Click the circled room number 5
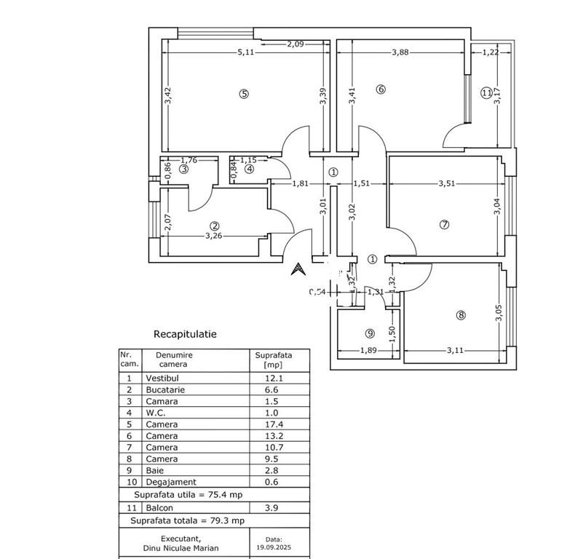pyautogui.click(x=244, y=93)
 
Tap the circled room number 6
pyautogui.click(x=380, y=90)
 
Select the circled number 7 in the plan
pyautogui.click(x=445, y=224)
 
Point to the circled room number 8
pyautogui.click(x=460, y=315)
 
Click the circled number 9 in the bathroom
pyautogui.click(x=370, y=333)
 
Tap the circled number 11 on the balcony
pyautogui.click(x=486, y=92)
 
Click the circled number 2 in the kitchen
pyautogui.click(x=215, y=226)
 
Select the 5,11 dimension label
pyautogui.click(x=247, y=52)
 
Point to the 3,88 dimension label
pyautogui.click(x=401, y=52)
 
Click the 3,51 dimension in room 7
pyautogui.click(x=446, y=183)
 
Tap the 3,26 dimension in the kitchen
pyautogui.click(x=213, y=236)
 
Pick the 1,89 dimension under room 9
pyautogui.click(x=369, y=351)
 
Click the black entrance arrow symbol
pyautogui.click(x=297, y=269)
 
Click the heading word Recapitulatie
pyautogui.click(x=185, y=334)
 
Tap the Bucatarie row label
pyautogui.click(x=165, y=390)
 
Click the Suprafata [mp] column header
pyautogui.click(x=274, y=360)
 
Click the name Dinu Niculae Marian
pyautogui.click(x=180, y=547)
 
